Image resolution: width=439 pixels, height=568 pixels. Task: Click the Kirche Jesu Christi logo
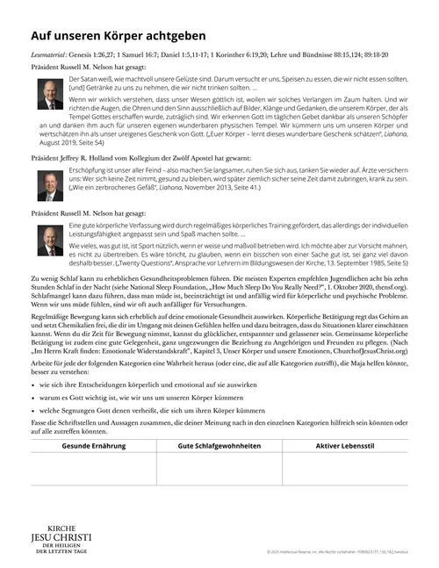coord(61,537)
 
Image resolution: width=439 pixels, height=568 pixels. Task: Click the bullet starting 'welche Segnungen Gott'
coord(149,413)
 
